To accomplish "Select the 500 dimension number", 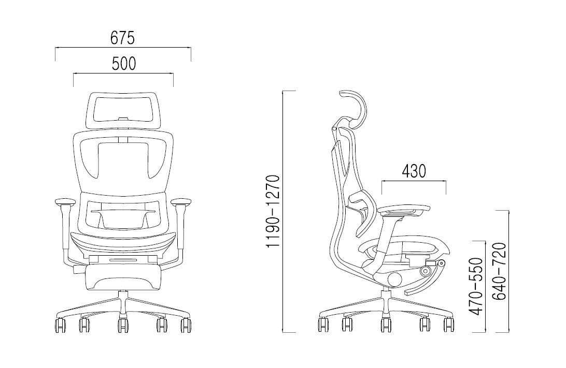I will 123,64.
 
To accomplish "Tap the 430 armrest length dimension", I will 413,171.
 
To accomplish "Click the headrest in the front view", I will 123,109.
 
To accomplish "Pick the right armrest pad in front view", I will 182,201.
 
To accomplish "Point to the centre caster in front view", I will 123,325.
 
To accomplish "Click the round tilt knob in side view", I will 394,279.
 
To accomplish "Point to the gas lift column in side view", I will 385,299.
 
